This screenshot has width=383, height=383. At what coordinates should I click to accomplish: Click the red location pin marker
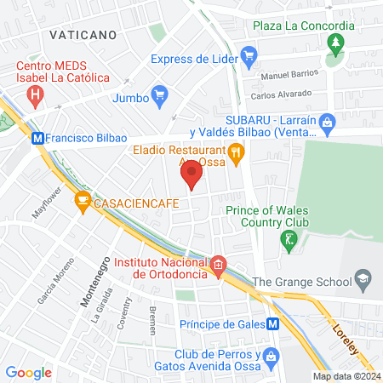pyautogui.click(x=191, y=175)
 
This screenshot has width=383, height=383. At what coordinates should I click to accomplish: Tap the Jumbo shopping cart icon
pyautogui.click(x=157, y=94)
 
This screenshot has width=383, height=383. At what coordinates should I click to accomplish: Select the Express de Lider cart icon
pyautogui.click(x=249, y=59)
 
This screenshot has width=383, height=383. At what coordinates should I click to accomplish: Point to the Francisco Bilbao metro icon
pyautogui.click(x=37, y=136)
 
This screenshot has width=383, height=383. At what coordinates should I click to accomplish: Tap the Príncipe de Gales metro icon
pyautogui.click(x=272, y=324)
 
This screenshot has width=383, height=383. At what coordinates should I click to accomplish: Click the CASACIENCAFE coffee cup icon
pyautogui.click(x=83, y=201)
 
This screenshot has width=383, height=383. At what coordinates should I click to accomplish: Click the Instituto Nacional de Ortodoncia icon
pyautogui.click(x=218, y=266)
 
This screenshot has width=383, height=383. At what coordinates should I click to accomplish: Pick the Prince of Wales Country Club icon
pyautogui.click(x=290, y=241)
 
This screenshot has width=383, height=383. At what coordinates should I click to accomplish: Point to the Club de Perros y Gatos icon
pyautogui.click(x=271, y=356)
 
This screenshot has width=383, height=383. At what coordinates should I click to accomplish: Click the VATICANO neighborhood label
pyautogui.click(x=83, y=35)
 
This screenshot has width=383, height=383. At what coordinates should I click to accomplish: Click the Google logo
pyautogui.click(x=29, y=372)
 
